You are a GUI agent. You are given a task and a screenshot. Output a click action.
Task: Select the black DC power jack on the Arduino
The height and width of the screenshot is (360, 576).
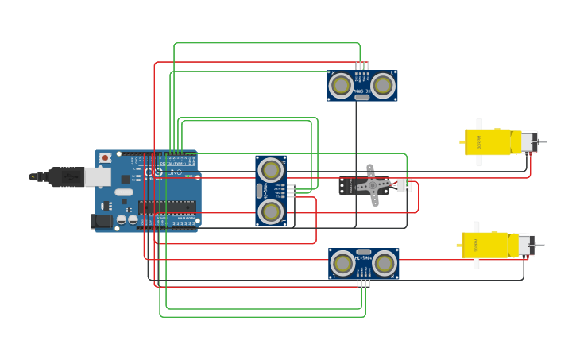coord(101,221)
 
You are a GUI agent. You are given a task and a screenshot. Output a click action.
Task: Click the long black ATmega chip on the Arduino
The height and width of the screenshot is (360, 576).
coord(167,207)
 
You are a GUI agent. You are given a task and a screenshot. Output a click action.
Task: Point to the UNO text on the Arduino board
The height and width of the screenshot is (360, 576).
coord(173,172)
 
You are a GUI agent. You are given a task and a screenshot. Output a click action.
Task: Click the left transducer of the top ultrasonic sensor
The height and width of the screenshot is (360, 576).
coord(342,85)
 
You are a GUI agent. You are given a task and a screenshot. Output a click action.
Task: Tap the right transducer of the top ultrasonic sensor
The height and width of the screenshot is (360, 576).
coord(383,85)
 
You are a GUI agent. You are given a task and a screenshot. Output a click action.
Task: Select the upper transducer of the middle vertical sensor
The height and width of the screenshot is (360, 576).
coord(271,170)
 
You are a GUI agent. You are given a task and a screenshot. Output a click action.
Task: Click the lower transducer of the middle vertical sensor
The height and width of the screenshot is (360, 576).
coord(271,211)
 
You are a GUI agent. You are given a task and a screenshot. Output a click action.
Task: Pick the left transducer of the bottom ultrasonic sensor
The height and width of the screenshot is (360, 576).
coord(343,264)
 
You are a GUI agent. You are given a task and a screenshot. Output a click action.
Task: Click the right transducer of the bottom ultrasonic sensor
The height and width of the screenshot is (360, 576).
coord(385,264)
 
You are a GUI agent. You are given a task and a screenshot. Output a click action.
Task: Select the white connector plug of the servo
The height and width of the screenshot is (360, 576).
coord(404,186)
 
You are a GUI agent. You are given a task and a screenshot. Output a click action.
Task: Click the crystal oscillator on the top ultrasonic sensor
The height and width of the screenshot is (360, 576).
coord(362,96)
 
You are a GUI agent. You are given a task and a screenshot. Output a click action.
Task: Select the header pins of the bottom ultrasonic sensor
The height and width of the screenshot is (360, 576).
coord(364,282)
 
